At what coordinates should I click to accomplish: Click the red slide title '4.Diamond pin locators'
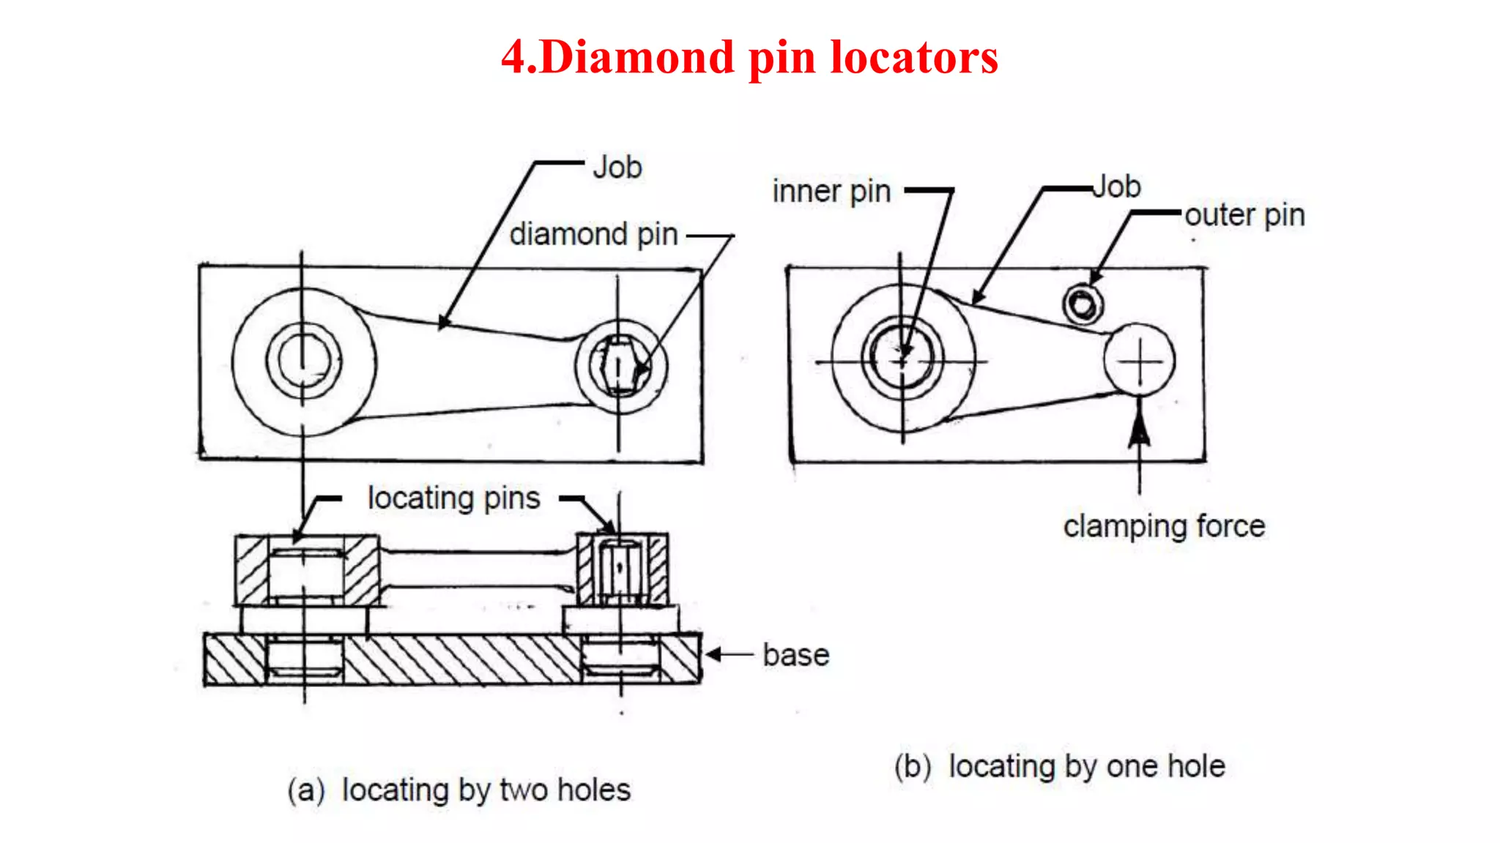[x=749, y=57]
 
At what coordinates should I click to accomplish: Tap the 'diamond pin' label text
[x=593, y=235]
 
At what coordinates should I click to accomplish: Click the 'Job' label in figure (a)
[x=617, y=168]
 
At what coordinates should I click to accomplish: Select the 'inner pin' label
[x=831, y=192]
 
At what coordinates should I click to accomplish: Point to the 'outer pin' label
[x=1244, y=215]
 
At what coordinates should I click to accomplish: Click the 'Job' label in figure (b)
[x=1116, y=187]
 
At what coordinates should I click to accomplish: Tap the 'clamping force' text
[x=1164, y=526]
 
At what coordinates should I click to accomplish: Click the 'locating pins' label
[x=453, y=498]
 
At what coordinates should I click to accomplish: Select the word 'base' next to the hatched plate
[x=795, y=655]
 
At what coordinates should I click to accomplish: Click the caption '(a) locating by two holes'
[x=458, y=790]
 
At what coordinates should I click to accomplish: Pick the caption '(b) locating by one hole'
[x=1059, y=766]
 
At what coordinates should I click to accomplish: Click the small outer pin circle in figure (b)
[x=1083, y=304]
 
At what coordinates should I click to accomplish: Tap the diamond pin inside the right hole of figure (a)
[x=620, y=366]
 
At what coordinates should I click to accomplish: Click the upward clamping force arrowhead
[x=1139, y=428]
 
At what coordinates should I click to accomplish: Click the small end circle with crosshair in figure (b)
[x=1140, y=361]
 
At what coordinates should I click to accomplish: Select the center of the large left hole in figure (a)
[x=302, y=361]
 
